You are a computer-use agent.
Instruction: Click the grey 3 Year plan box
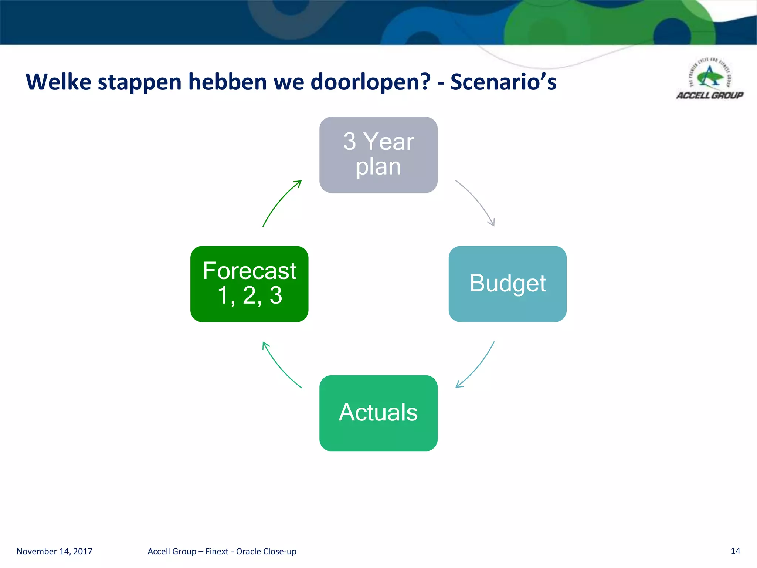pos(378,155)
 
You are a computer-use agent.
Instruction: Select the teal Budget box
pos(507,284)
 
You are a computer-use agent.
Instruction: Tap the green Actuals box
pos(378,413)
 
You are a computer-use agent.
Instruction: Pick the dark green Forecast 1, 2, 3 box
pos(249,284)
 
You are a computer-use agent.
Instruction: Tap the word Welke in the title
pos(58,82)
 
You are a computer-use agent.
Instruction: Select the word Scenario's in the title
pos(503,82)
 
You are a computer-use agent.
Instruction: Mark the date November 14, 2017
pos(54,551)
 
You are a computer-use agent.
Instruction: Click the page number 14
pos(735,551)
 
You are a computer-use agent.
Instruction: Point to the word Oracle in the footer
pos(249,551)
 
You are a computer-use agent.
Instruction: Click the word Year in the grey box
pos(388,142)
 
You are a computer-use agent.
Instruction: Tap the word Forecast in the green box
pos(249,271)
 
